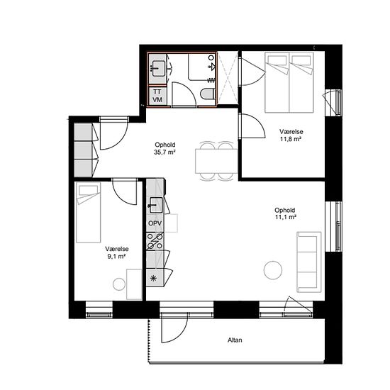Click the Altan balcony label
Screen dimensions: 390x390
coord(235,340)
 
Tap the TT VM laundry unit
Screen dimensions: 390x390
coord(157,96)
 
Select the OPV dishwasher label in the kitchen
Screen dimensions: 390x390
coord(155,223)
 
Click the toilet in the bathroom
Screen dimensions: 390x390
coord(208,94)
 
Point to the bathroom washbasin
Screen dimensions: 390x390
coord(157,68)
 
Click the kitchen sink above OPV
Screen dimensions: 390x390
coord(156,205)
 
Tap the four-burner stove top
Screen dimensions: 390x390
coord(155,241)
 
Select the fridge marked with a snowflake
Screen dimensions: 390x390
coord(155,278)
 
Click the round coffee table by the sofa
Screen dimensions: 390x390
coord(273,270)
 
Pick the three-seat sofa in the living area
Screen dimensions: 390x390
coord(309,262)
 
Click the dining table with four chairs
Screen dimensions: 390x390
coord(216,161)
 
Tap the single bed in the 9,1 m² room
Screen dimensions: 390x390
coord(89,212)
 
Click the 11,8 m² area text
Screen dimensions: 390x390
coord(291,139)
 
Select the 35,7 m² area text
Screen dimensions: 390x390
coord(165,152)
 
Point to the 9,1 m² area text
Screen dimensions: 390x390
coord(116,257)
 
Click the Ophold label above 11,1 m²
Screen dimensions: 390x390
coord(285,210)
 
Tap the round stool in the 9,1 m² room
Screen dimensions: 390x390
coord(119,284)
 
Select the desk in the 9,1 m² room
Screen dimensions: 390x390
coord(134,284)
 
